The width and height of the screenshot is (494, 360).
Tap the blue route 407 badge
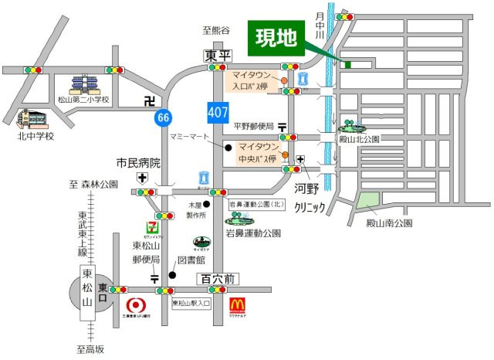[x=218, y=112]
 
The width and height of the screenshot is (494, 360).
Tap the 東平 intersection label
[x=217, y=56]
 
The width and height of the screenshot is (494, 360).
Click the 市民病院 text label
[x=138, y=163]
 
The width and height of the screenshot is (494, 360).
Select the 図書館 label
[x=191, y=261]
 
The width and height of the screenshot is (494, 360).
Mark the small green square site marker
[x=347, y=64]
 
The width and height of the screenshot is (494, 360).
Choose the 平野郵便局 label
[x=254, y=126]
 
